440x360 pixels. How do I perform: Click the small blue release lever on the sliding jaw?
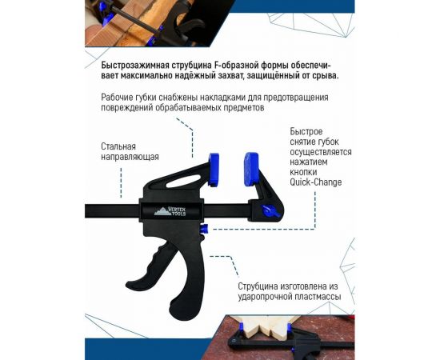[269, 210]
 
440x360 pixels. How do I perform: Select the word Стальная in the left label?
[118, 146]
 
